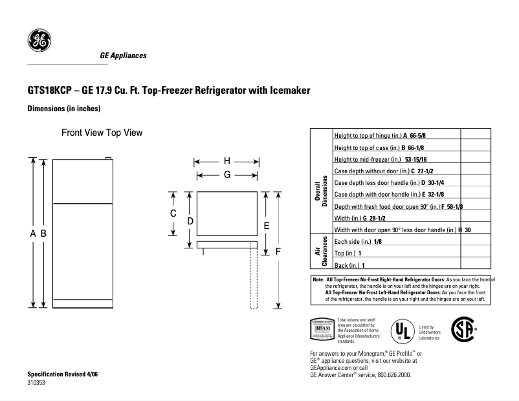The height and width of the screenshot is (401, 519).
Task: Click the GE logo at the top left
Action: [x=39, y=41]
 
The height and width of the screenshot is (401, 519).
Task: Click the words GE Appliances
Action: [x=123, y=56]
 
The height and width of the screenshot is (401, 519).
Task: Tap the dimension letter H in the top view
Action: [x=227, y=162]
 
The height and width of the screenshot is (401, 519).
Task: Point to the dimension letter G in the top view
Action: [x=227, y=175]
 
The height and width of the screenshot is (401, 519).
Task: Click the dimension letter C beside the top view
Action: [x=173, y=213]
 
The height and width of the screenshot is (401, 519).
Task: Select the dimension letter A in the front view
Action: [x=32, y=234]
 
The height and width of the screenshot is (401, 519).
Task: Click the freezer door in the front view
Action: [x=83, y=182]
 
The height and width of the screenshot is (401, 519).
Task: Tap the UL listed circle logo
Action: [x=402, y=332]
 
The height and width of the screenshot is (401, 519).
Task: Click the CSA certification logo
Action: [x=462, y=329]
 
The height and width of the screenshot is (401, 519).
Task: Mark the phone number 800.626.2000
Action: [x=392, y=374]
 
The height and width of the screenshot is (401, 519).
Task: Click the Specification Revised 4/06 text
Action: [x=63, y=374]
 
